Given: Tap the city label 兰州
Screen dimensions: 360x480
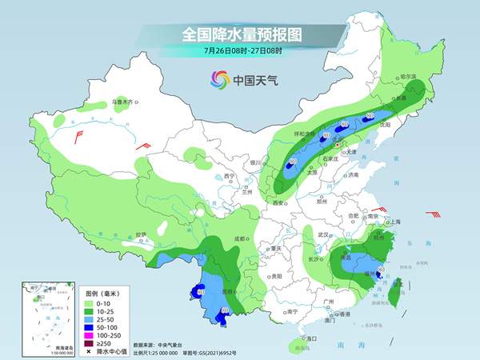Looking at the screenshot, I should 245,192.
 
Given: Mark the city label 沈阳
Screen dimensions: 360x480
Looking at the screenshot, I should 386,125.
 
